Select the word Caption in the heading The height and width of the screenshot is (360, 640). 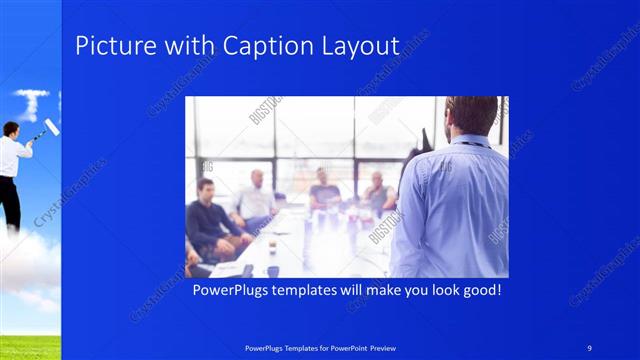click(x=263, y=46)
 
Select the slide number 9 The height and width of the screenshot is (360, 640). click(x=589, y=347)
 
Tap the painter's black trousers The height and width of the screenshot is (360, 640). click(x=10, y=200)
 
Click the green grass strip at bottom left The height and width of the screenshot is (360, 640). click(x=30, y=347)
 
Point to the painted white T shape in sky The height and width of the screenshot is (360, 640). click(x=31, y=102)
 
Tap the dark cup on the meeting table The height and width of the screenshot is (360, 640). click(x=273, y=270)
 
